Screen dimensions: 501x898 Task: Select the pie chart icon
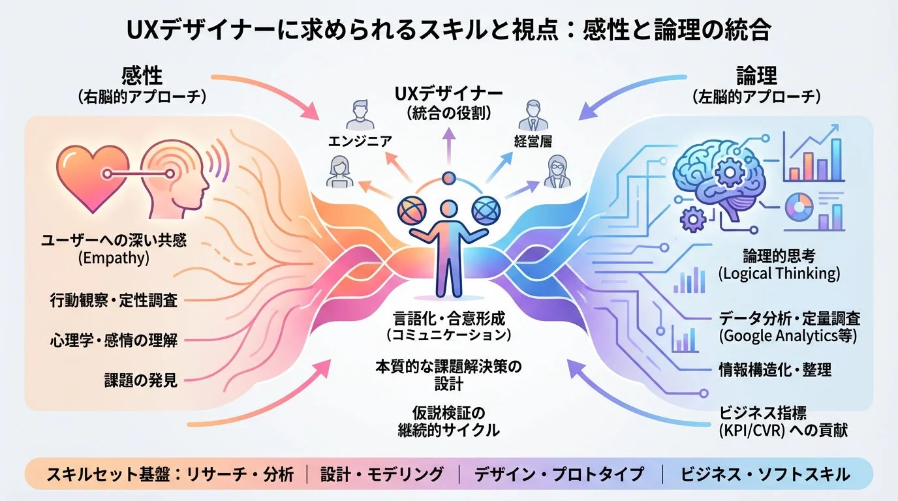click(801, 208)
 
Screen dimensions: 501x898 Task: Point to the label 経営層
click(533, 140)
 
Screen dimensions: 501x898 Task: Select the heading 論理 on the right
click(756, 77)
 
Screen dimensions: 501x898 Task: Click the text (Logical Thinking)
click(779, 273)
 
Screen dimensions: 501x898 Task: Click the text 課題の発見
click(141, 380)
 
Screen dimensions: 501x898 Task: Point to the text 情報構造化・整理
click(775, 369)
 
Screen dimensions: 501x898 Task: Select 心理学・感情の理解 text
click(114, 339)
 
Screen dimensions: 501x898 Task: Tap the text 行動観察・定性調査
click(114, 300)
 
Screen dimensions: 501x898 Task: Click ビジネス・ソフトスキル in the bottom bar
click(765, 474)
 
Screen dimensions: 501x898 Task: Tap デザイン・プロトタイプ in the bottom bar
click(559, 474)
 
